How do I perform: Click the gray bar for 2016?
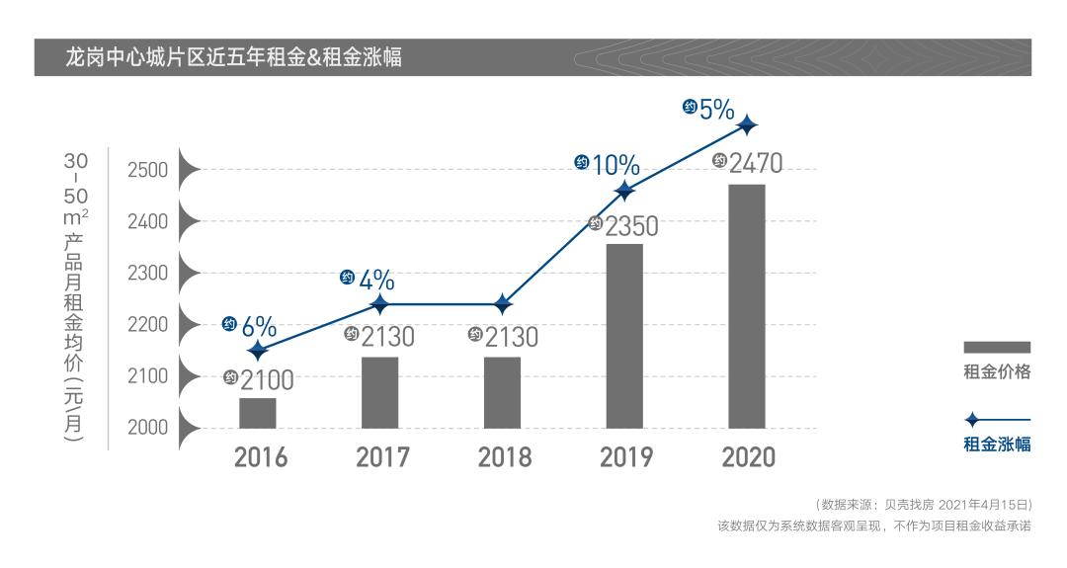click(257, 413)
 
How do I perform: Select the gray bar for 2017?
click(379, 392)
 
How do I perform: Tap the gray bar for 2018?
click(502, 392)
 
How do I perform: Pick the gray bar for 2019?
click(624, 336)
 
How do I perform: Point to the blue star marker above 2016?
click(258, 350)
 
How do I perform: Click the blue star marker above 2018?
click(502, 304)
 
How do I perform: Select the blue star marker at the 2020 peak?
click(748, 124)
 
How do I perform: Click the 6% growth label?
click(258, 326)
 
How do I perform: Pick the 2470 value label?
click(755, 163)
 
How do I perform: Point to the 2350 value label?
click(631, 227)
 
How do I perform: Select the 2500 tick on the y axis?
click(147, 170)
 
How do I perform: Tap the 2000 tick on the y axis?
click(147, 428)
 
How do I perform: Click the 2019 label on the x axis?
click(625, 458)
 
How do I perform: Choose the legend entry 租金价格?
click(996, 371)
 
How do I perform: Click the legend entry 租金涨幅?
click(996, 444)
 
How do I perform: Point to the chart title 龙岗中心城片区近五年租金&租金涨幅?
click(232, 56)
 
